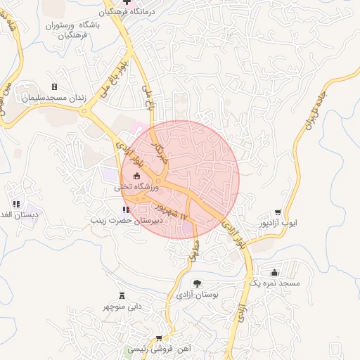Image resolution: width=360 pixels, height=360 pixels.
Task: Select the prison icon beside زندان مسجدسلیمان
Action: [x=54, y=86]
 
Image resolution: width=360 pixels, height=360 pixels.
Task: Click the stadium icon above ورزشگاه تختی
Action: [x=136, y=176]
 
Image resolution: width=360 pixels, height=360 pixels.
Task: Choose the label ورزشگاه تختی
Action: [x=137, y=188]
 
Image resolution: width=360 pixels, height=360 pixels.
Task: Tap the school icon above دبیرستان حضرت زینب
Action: [x=125, y=209]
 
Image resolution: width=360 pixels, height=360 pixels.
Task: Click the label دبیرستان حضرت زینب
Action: [x=126, y=220]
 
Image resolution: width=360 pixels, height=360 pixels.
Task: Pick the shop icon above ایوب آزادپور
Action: [x=278, y=212]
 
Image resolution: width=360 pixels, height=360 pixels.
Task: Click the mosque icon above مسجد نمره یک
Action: [x=274, y=272]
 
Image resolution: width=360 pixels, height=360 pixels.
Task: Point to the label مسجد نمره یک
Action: [x=274, y=283]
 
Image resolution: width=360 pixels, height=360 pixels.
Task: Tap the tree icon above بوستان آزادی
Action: [x=195, y=283]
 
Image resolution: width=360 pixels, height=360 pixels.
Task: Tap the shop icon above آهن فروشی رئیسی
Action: [x=159, y=338]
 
